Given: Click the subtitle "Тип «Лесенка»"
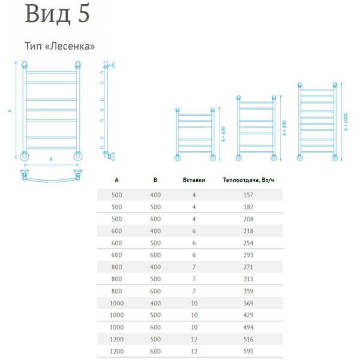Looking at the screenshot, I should (59, 46).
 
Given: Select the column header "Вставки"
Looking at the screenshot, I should (194, 180).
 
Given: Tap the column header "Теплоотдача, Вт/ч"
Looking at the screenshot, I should (248, 180).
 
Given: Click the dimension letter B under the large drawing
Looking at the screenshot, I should (51, 159).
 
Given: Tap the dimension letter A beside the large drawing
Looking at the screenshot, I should (10, 111).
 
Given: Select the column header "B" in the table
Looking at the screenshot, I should (155, 180).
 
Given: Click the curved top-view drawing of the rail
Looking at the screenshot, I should (51, 176).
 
